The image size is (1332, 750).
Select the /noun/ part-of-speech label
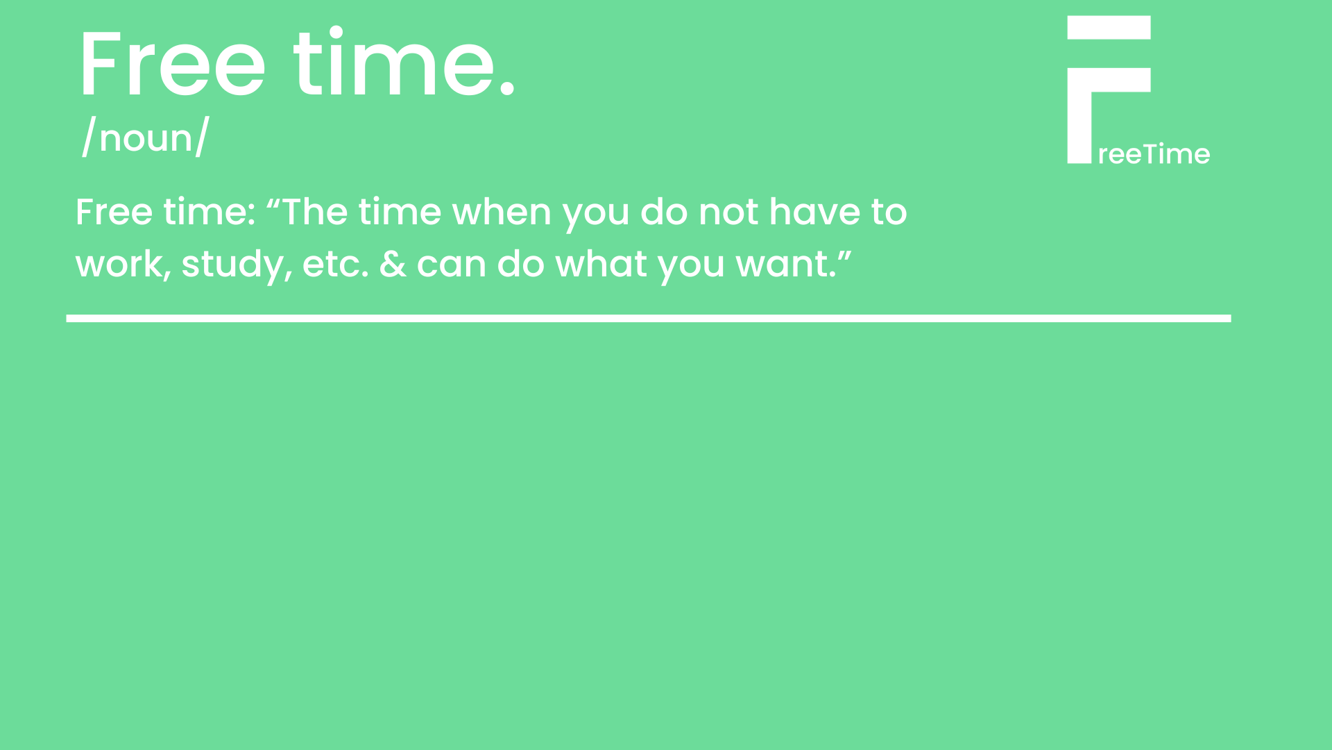[145, 137]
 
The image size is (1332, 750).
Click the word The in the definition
[315, 212]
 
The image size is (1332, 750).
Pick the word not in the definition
[728, 212]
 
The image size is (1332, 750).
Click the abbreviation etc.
[336, 265]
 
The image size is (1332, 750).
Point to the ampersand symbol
[393, 265]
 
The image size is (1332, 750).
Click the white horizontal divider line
[649, 319]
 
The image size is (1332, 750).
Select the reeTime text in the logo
[1154, 154]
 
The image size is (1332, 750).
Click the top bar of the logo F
[1109, 28]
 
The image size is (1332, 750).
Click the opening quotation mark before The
[273, 202]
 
